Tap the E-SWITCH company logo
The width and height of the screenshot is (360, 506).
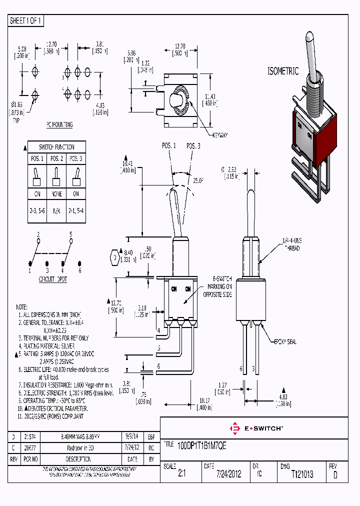pyautogui.click(x=256, y=428)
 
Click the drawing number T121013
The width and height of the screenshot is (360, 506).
pyautogui.click(x=302, y=474)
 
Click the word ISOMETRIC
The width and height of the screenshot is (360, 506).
pyautogui.click(x=283, y=71)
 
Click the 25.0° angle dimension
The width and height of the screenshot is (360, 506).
pyautogui.click(x=199, y=180)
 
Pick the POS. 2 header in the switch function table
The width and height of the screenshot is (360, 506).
pyautogui.click(x=56, y=158)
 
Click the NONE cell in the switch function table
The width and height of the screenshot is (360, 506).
pyautogui.click(x=56, y=194)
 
